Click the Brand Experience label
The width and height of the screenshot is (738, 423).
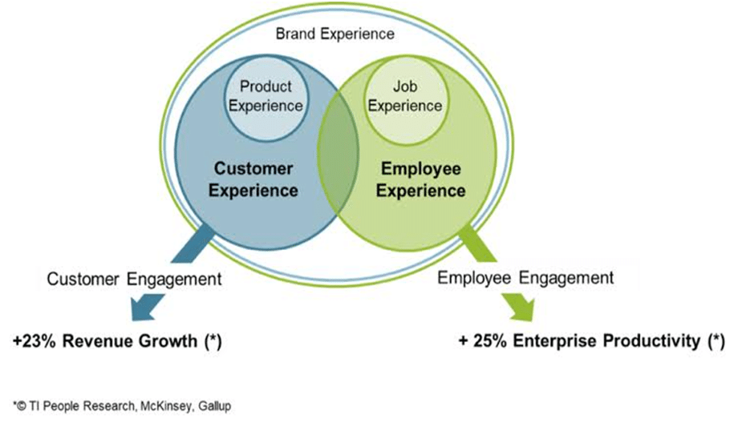pyautogui.click(x=335, y=34)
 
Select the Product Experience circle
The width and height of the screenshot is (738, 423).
pyautogui.click(x=266, y=98)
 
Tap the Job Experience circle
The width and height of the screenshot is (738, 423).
pyautogui.click(x=405, y=100)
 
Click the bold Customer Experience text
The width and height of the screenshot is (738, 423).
pyautogui.click(x=253, y=179)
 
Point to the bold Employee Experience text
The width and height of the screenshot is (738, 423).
pyautogui.click(x=421, y=179)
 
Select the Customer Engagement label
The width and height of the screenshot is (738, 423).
pyautogui.click(x=134, y=279)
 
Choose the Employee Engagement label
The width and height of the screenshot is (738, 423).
pyautogui.click(x=525, y=278)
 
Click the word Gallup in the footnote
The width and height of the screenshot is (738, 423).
pyautogui.click(x=215, y=406)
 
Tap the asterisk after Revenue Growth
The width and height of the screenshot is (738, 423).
pyautogui.click(x=213, y=340)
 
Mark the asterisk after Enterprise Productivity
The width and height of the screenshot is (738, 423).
pyautogui.click(x=716, y=340)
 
